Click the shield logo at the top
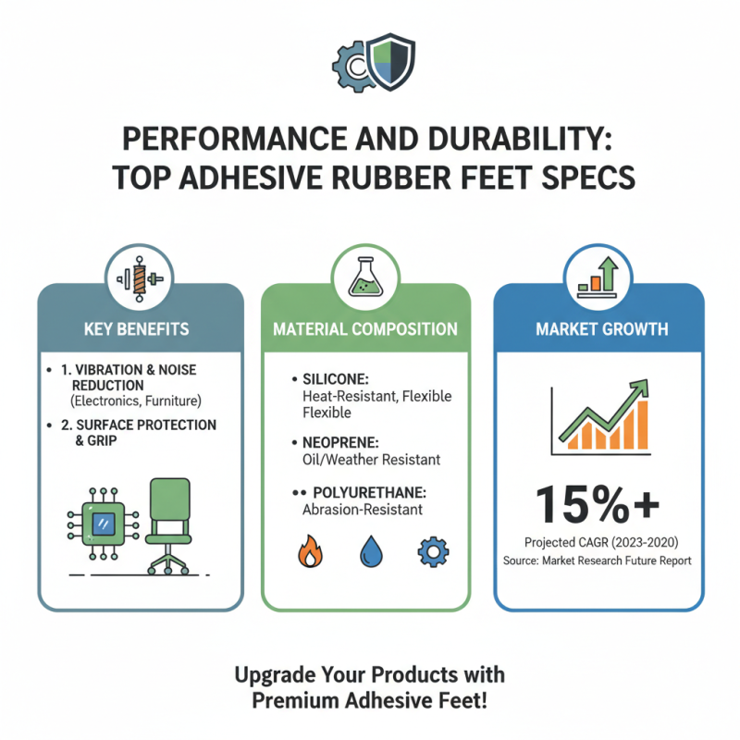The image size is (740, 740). click(x=392, y=60)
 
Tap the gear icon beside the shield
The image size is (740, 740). click(x=352, y=63)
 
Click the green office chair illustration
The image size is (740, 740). click(x=168, y=523)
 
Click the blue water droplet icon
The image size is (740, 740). click(x=370, y=552)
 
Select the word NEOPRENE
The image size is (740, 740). click(x=337, y=443)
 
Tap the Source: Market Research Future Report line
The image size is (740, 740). click(x=598, y=561)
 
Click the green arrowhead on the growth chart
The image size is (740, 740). click(x=637, y=393)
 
